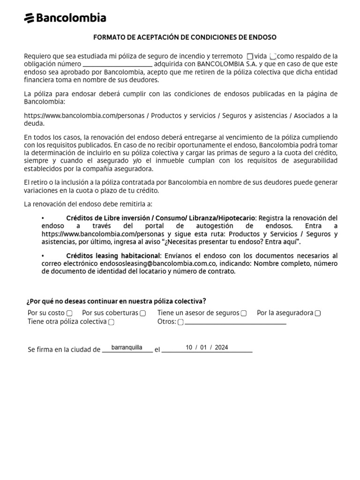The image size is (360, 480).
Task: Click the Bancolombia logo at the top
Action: click(x=65, y=18)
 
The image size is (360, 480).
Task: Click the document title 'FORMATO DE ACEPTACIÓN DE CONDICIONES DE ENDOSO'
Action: click(x=185, y=37)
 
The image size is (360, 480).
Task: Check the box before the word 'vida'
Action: click(x=249, y=56)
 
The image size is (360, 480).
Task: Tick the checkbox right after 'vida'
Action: click(x=273, y=56)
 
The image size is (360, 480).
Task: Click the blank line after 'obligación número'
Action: click(x=118, y=64)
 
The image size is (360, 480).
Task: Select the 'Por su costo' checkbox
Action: click(x=69, y=313)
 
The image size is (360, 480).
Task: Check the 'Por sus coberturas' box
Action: click(x=143, y=313)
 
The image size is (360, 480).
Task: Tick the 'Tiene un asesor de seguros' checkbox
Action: click(x=244, y=313)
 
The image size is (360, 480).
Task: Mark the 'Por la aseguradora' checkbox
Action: click(x=318, y=313)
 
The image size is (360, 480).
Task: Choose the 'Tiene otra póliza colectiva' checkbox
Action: click(x=112, y=322)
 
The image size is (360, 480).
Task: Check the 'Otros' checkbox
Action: click(x=180, y=322)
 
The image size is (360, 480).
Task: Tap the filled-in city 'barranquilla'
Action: click(x=127, y=348)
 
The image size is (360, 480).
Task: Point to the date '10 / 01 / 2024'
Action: click(x=207, y=348)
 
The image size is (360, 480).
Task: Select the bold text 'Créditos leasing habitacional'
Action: click(x=113, y=255)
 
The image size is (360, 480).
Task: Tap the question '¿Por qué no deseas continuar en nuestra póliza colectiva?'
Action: click(x=117, y=301)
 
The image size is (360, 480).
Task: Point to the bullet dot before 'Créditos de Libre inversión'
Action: click(x=43, y=218)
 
